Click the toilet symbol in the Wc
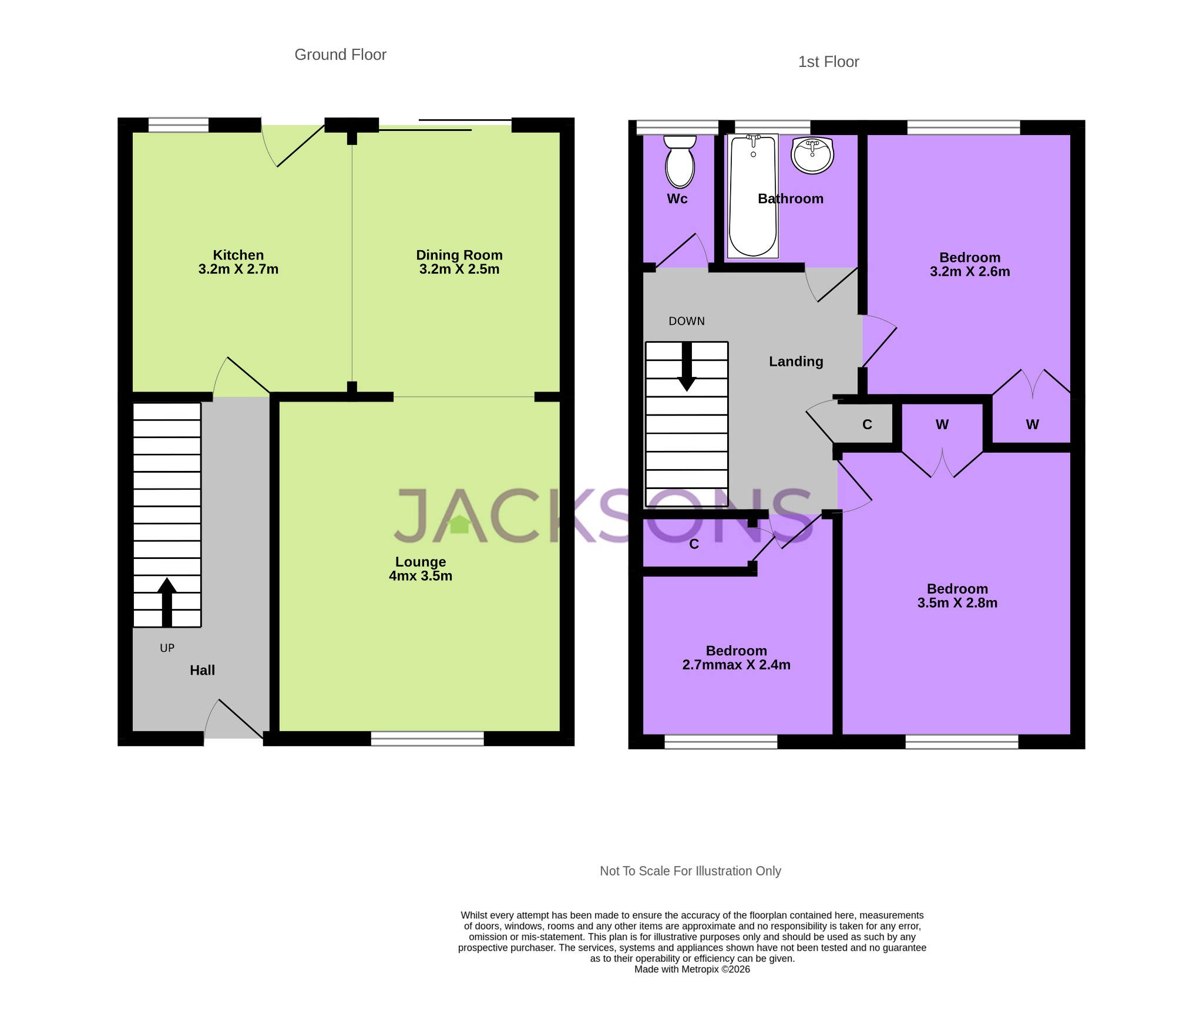click(x=680, y=162)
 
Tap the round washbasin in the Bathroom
click(x=812, y=156)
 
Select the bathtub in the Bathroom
click(x=752, y=196)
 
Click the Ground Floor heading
click(x=340, y=55)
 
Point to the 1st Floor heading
click(x=828, y=62)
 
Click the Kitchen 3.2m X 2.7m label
click(x=238, y=262)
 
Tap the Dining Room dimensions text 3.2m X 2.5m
click(x=459, y=270)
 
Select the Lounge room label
click(x=421, y=562)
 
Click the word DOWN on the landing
click(x=686, y=321)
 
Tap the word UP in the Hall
click(x=167, y=648)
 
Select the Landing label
click(x=796, y=362)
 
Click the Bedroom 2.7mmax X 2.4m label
click(x=736, y=658)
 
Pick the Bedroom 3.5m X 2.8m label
click(x=957, y=595)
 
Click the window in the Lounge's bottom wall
click(x=427, y=739)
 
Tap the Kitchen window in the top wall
click(x=178, y=125)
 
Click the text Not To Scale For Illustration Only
click(x=690, y=871)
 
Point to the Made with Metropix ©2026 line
click(x=691, y=969)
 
